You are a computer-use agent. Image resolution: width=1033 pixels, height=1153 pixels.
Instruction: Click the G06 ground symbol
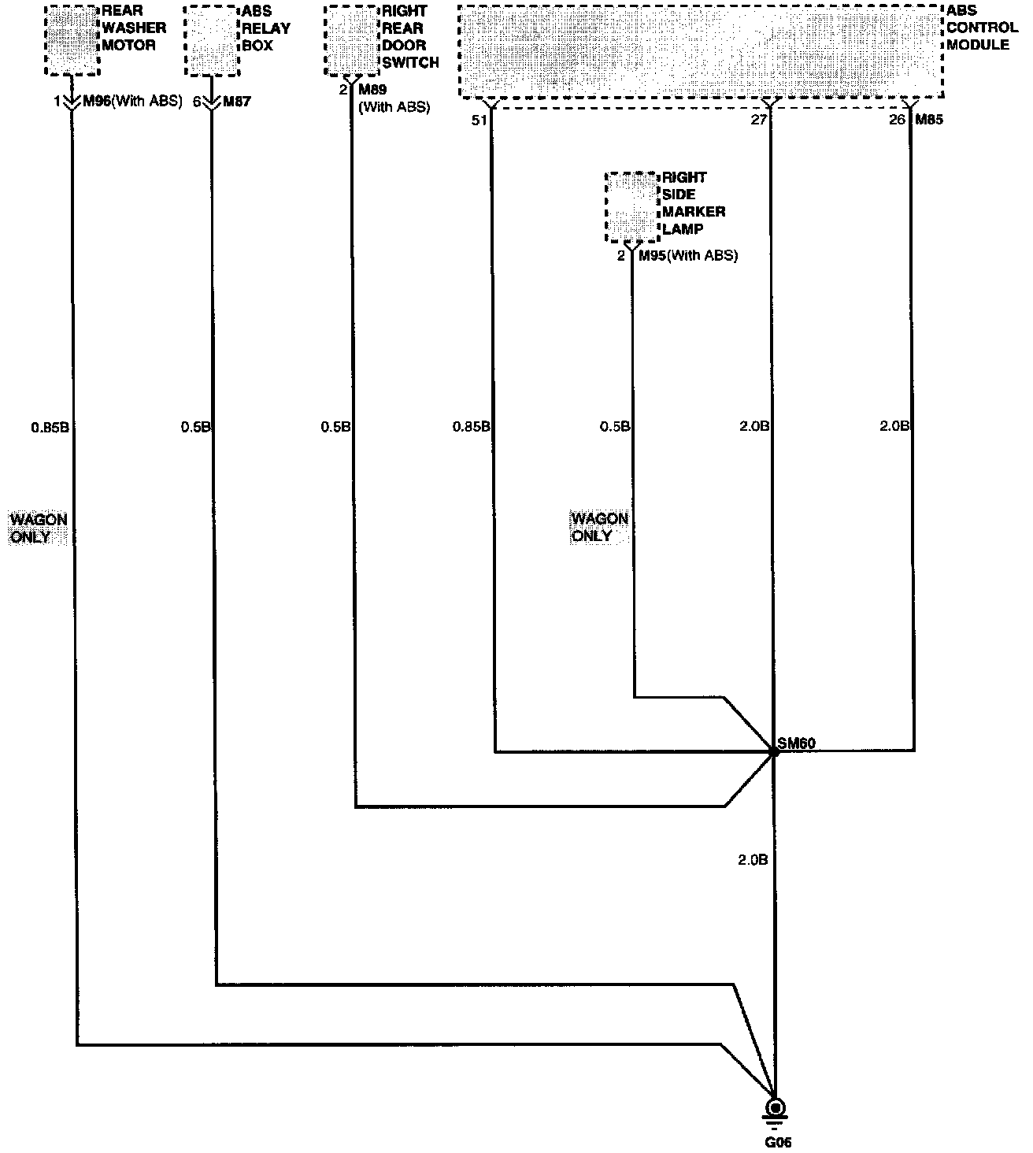coord(775,1110)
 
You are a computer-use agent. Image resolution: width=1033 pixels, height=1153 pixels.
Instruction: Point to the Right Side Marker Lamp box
coord(631,206)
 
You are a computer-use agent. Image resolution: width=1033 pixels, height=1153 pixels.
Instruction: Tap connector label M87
coord(237,102)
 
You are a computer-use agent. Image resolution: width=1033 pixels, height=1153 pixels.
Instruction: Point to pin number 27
coord(759,120)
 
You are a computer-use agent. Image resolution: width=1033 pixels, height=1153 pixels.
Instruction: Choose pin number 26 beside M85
coord(897,120)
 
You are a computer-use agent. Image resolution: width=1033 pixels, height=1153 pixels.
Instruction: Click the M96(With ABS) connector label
coord(132,102)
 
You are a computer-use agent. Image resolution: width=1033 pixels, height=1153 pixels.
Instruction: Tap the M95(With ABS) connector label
coord(687,256)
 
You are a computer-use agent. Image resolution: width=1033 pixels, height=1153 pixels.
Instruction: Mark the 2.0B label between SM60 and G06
coord(753,860)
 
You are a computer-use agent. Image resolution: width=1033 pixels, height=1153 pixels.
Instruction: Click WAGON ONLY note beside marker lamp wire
coord(599,527)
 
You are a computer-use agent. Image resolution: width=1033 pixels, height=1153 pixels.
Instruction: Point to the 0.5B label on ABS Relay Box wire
coord(196,428)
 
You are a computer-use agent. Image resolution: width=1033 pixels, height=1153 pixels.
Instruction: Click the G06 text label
coord(775,1141)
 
